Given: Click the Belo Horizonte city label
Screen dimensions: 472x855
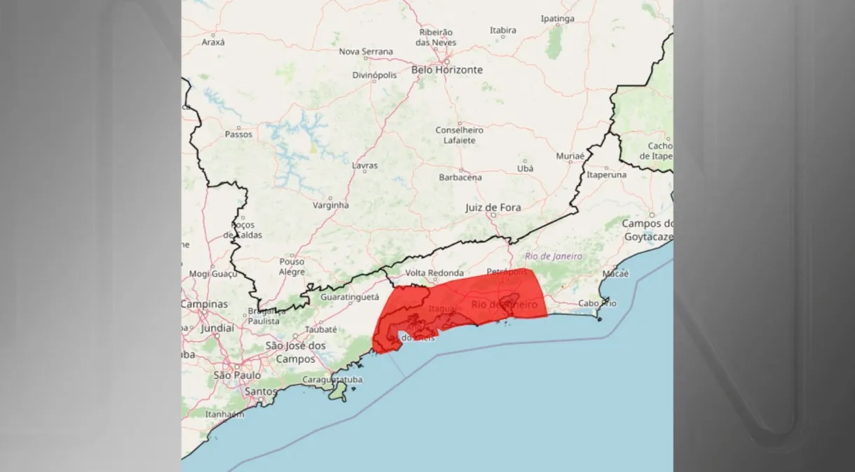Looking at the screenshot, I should pos(446,70).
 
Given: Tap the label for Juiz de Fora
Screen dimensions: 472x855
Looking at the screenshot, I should pos(493,207).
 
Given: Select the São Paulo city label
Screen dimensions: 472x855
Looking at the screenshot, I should pos(237,375).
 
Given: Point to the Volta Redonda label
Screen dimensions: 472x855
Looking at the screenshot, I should pos(435,273).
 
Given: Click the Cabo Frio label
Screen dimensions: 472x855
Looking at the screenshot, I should pos(597,303).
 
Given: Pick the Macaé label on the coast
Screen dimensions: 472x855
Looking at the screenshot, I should pos(615,274).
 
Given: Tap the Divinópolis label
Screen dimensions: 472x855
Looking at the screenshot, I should pos(374,75).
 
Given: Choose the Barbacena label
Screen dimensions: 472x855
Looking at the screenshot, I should pos(460,177).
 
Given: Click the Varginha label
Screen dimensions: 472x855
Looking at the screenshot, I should pos(330,205).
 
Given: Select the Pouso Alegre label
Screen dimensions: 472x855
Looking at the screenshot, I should pos(292,266).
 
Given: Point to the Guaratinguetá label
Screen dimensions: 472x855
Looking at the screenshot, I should pos(348,297).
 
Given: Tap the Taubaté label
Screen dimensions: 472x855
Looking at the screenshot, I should pos(322,329).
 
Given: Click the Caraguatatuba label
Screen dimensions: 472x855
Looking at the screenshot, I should pos(332,380).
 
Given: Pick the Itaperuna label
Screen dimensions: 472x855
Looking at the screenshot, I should pos(606,174).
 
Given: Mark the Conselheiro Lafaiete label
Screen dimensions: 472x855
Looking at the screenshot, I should pos(459,135).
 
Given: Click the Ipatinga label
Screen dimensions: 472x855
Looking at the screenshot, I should pos(557,19).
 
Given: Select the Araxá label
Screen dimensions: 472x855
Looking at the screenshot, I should pos(213,42).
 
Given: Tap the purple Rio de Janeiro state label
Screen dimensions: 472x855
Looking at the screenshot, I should pos(553,256).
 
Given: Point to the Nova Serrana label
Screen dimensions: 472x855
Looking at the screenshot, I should pos(366,52).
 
